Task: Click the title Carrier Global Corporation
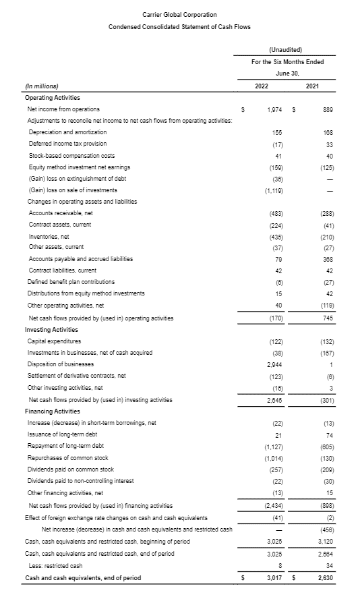click(179, 14)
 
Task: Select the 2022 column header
click(262, 86)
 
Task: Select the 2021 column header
click(312, 86)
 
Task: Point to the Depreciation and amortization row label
click(66, 132)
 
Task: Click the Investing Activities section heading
click(51, 329)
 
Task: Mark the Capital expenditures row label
click(54, 341)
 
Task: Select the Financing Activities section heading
click(53, 411)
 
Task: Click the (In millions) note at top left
click(42, 86)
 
